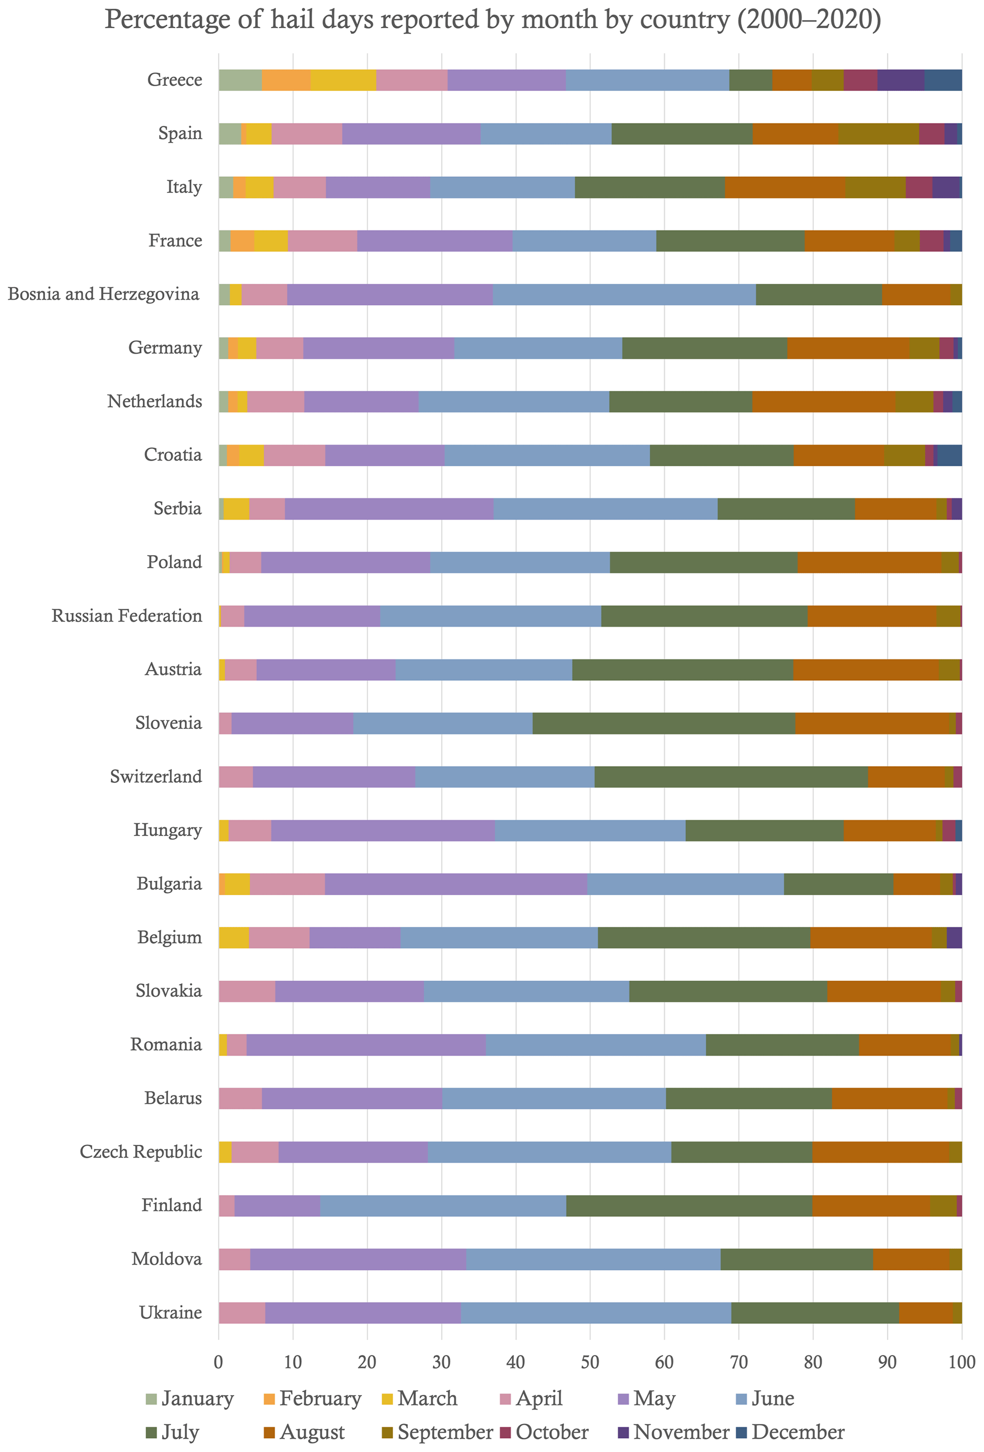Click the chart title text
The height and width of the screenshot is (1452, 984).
pos(492,20)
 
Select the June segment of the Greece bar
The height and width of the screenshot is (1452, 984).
pos(647,80)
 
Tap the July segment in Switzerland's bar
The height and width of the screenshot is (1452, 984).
pos(731,776)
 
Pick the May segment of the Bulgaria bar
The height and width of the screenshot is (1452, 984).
pos(456,884)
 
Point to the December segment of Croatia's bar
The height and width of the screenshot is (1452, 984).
pos(949,455)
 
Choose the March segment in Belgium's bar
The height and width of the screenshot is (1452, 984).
pos(234,938)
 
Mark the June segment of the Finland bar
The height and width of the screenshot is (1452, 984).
pos(443,1205)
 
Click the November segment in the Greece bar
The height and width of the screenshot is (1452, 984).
pos(900,80)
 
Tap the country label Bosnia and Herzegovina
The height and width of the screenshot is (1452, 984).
pos(104,294)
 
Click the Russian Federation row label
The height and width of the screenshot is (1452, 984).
pos(127,616)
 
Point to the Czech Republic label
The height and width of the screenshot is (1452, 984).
pos(141,1151)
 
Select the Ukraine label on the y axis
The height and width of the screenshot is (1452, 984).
pos(170,1313)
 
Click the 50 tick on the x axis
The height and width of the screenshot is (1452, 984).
pos(590,1362)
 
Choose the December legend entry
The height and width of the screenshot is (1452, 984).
pos(797,1432)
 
